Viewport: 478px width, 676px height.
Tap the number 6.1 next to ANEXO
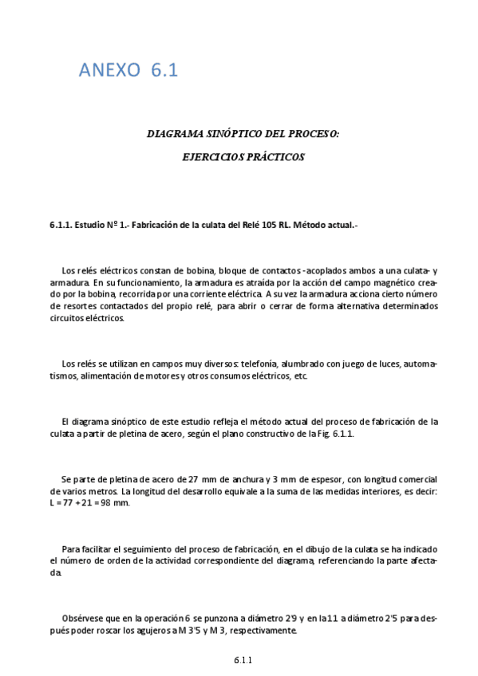[164, 70]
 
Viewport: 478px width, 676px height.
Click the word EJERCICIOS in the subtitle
[214, 158]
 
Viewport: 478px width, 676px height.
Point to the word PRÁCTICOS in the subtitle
[276, 158]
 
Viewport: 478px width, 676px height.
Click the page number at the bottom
[243, 660]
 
